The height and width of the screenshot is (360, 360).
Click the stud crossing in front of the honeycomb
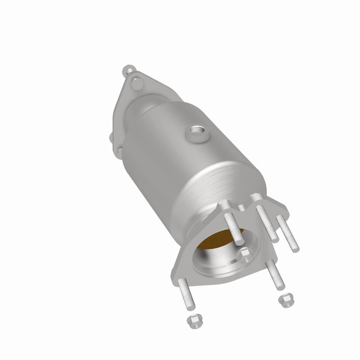coord(232,224)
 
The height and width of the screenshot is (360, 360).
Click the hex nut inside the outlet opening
coord(245,253)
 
